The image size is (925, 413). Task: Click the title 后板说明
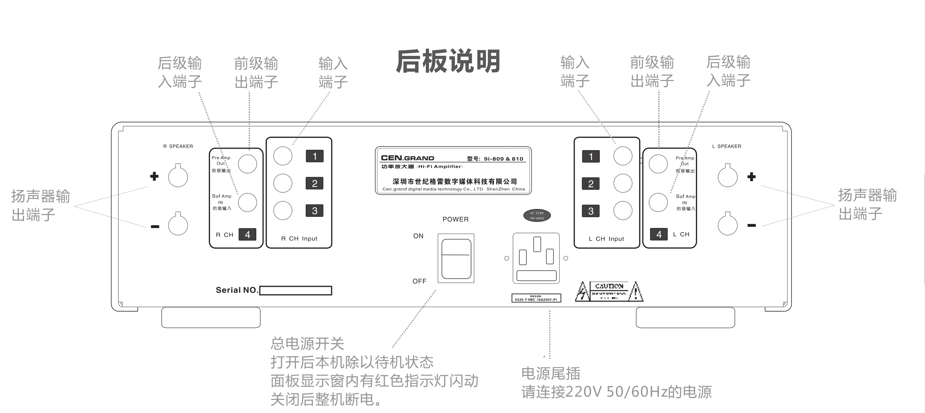(x=448, y=61)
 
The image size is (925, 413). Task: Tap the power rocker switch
(x=456, y=258)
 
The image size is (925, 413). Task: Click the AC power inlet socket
(x=536, y=258)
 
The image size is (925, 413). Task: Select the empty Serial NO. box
(x=295, y=291)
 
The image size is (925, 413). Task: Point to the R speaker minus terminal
(x=178, y=225)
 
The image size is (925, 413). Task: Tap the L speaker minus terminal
(x=727, y=225)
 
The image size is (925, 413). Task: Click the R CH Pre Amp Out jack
(x=247, y=164)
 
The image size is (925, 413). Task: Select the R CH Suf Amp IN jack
(x=247, y=203)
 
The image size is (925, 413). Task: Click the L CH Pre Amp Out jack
(x=658, y=164)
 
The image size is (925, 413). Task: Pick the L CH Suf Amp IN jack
(x=658, y=203)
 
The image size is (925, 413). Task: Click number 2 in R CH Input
(x=314, y=183)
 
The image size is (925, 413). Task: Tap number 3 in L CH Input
(x=590, y=211)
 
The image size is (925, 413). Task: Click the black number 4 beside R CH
(x=247, y=234)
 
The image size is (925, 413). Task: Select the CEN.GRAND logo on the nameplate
(x=407, y=158)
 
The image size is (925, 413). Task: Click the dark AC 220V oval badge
(x=537, y=216)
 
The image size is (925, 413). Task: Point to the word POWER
(x=455, y=219)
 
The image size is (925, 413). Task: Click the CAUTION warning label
(x=609, y=292)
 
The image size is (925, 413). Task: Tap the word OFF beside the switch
(x=419, y=281)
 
